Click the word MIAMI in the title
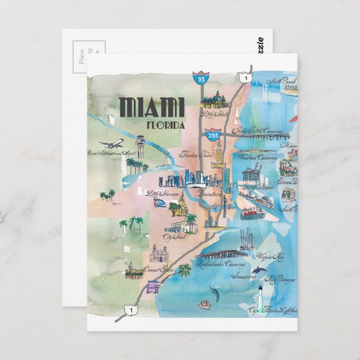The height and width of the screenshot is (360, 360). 151,107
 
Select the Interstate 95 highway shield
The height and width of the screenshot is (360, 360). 200,78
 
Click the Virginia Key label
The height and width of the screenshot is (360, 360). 270,256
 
